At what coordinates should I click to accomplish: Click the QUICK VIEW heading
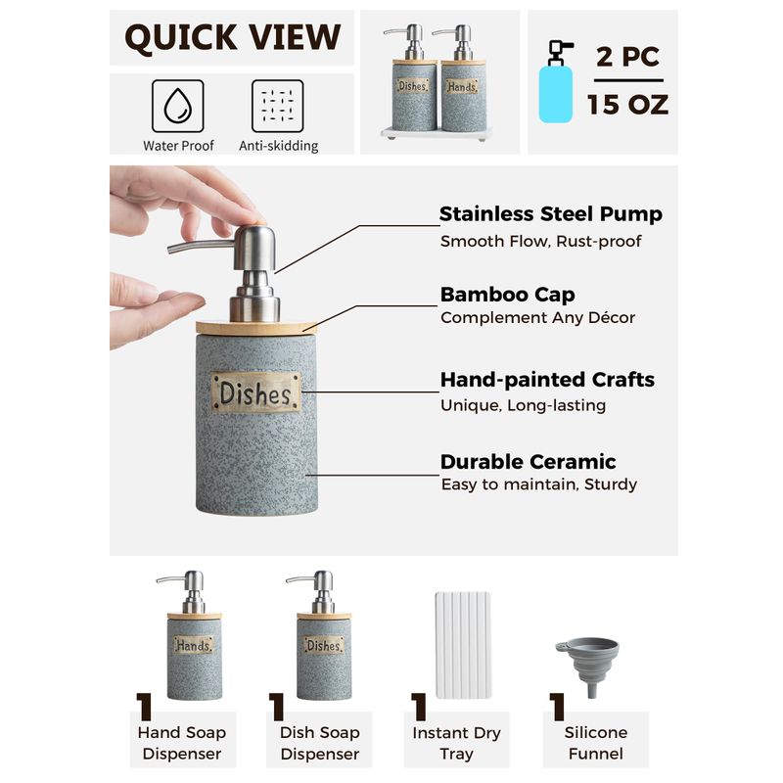pos(233,38)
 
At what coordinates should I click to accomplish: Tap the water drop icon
pos(178,106)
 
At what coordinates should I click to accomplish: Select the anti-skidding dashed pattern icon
pos(278,106)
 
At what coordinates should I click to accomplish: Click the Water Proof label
pos(178,146)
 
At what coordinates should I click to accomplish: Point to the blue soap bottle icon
pos(556,82)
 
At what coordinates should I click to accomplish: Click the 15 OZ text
pos(627,105)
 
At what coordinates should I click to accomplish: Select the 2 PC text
pos(627,57)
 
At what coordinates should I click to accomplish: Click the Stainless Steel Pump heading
pos(551,213)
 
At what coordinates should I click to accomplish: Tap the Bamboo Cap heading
pos(507,295)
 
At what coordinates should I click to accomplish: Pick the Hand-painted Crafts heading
pos(547,380)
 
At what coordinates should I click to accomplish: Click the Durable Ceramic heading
pos(528,462)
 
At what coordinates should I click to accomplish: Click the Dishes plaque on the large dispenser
pos(256,392)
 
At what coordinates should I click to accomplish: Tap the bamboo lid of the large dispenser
pos(256,328)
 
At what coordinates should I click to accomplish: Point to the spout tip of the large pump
pos(169,249)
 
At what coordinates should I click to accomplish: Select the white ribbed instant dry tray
pos(463,645)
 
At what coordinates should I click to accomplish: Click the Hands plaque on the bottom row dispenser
pos(194,645)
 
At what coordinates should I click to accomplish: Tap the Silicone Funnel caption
pos(596,743)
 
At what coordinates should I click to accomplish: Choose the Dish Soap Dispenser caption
pos(320,743)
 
